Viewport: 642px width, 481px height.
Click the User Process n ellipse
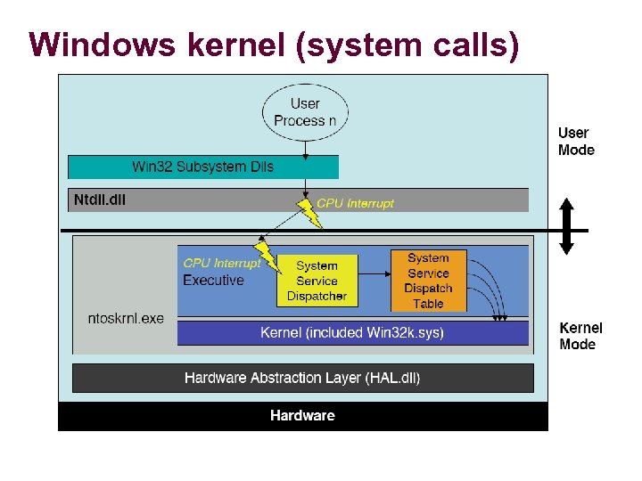(305, 112)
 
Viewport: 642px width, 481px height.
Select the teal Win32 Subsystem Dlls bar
(203, 167)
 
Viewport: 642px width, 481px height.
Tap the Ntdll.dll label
(100, 200)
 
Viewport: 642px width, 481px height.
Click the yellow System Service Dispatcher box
(317, 281)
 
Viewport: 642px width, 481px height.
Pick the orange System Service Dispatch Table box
(428, 281)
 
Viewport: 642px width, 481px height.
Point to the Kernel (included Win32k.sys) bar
(352, 333)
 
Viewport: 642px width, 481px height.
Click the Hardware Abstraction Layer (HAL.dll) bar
(302, 378)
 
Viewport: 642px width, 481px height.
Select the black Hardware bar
(302, 416)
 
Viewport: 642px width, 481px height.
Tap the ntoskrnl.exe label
(126, 318)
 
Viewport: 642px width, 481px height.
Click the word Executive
(213, 281)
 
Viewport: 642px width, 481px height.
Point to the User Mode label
(575, 142)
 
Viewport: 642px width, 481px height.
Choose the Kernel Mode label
(580, 336)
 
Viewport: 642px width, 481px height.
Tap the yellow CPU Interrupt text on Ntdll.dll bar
(355, 203)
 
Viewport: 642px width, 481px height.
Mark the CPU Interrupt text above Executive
(221, 264)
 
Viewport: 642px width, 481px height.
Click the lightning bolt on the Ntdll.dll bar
(309, 212)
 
